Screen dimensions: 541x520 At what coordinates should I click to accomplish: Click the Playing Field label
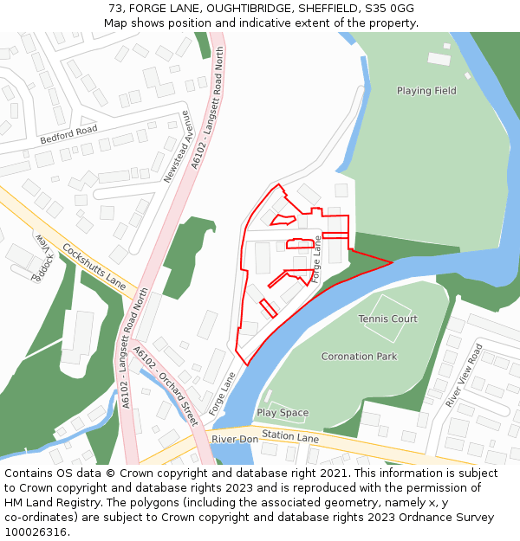click(x=426, y=91)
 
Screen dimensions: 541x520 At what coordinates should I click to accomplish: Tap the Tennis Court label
click(x=387, y=319)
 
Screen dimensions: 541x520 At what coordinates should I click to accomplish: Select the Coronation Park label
click(x=359, y=357)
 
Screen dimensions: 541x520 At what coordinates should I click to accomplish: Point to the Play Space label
click(x=282, y=413)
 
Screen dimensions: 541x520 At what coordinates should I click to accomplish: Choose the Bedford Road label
click(x=68, y=135)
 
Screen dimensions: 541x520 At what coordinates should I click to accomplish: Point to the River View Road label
click(x=464, y=375)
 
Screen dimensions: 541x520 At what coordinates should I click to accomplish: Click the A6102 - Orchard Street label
click(x=166, y=386)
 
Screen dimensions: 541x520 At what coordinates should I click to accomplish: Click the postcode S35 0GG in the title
click(x=388, y=9)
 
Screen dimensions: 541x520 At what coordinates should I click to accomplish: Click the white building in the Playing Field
click(x=439, y=59)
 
